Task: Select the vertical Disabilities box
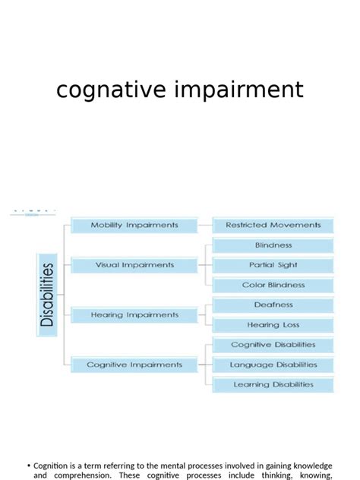[x=47, y=295]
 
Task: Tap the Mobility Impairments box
[x=134, y=226]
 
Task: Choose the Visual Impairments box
[x=134, y=265]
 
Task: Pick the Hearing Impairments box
[x=134, y=314]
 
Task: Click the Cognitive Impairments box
[x=134, y=365]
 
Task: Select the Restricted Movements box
[x=273, y=226]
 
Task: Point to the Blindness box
[x=273, y=245]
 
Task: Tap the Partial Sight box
[x=273, y=265]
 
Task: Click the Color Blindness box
[x=273, y=286]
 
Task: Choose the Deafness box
[x=273, y=305]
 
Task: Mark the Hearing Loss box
[x=273, y=325]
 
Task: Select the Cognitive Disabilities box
[x=273, y=345]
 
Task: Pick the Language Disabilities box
[x=273, y=365]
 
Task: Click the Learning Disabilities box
[x=273, y=384]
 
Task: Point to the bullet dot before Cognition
[x=28, y=466]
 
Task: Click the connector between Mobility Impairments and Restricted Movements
[x=205, y=226]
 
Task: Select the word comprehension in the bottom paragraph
[x=81, y=475]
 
